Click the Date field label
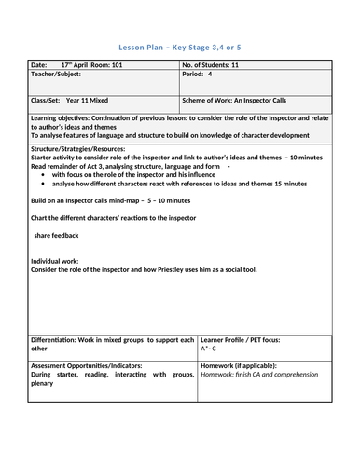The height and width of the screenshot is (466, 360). pyautogui.click(x=39, y=65)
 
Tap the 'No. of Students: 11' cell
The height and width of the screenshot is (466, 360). pyautogui.click(x=221, y=65)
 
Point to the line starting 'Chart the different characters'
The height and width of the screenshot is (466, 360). pyautogui.click(x=117, y=217)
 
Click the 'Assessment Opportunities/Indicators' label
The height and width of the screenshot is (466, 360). pyautogui.click(x=90, y=366)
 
